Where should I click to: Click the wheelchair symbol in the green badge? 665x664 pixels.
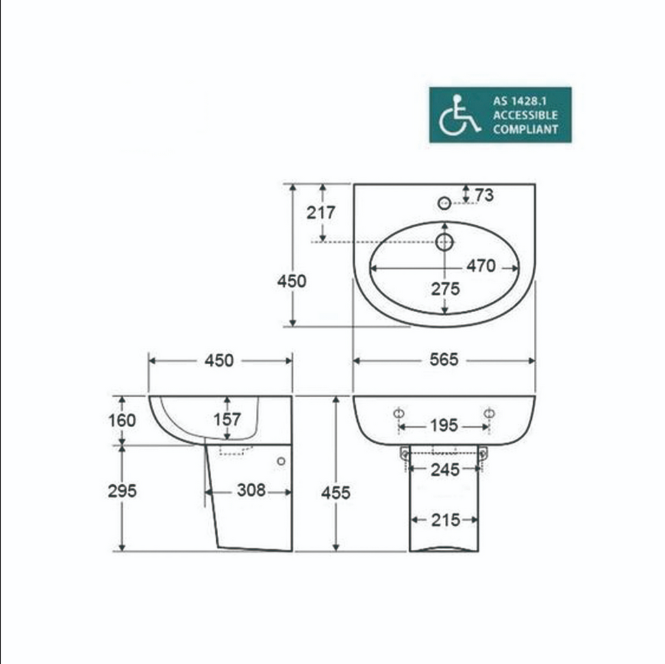click(x=459, y=116)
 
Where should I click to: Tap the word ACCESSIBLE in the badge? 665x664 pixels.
click(x=525, y=116)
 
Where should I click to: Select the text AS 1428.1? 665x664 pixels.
click(x=520, y=101)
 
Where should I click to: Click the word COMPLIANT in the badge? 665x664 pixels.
click(x=525, y=129)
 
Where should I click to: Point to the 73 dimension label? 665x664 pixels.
click(x=484, y=195)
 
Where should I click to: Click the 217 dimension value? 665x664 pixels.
click(x=321, y=212)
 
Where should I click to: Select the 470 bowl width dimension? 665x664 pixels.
click(x=481, y=266)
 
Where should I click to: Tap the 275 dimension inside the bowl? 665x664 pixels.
click(x=445, y=289)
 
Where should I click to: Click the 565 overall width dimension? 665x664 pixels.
click(x=444, y=360)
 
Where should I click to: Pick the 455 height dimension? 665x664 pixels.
click(x=336, y=493)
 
